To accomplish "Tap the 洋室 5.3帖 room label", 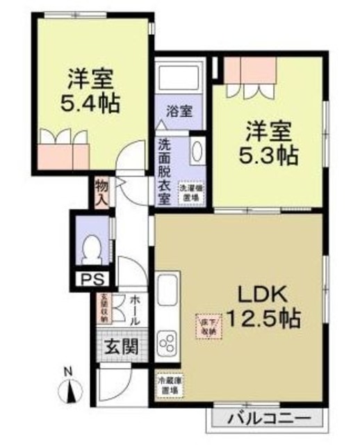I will [270, 142].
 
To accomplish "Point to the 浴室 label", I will [179, 111].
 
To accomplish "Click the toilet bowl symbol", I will [90, 248].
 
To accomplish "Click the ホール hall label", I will [136, 310].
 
